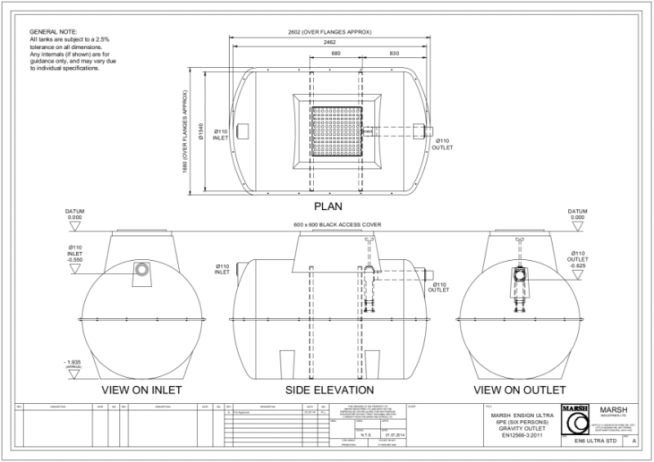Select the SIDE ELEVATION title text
click(x=329, y=389)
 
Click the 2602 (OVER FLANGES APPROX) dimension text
click(x=329, y=31)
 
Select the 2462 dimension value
click(x=329, y=42)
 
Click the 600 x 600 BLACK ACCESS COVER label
click(x=337, y=224)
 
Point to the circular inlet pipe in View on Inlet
click(x=143, y=269)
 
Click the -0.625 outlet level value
click(x=579, y=266)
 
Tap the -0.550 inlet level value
click(x=75, y=259)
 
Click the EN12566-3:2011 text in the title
click(x=517, y=433)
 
